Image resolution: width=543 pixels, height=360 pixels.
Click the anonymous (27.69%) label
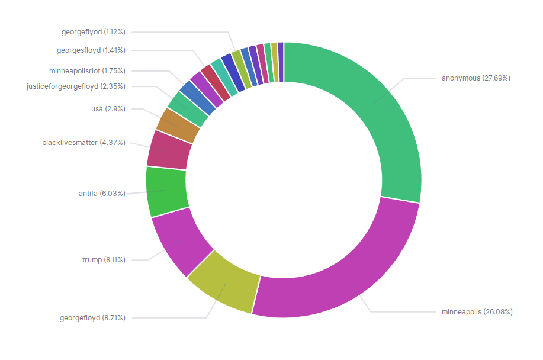pos(475,78)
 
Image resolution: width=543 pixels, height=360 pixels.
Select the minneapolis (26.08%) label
pos(477,311)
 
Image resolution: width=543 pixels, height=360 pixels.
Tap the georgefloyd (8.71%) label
pos(92,318)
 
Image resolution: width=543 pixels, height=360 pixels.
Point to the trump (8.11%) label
pos(103,259)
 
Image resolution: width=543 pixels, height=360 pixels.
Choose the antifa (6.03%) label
pos(102,194)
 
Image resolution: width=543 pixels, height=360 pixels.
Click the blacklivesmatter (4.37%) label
pos(83,142)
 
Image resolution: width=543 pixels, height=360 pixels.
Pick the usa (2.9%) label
pos(108,109)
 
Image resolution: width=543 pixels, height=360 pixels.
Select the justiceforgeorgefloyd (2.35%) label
pos(76,86)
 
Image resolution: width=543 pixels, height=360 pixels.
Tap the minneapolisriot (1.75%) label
pos(87,70)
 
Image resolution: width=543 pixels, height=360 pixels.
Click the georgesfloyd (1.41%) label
pos(91,50)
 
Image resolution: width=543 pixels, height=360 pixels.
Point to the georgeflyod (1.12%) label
pos(93,31)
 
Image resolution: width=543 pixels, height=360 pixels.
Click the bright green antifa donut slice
pos(166,191)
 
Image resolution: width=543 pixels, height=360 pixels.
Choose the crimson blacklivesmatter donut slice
pos(169,149)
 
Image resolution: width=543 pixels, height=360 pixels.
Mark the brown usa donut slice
pos(178,125)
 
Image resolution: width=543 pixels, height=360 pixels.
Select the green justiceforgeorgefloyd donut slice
pos(188,109)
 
